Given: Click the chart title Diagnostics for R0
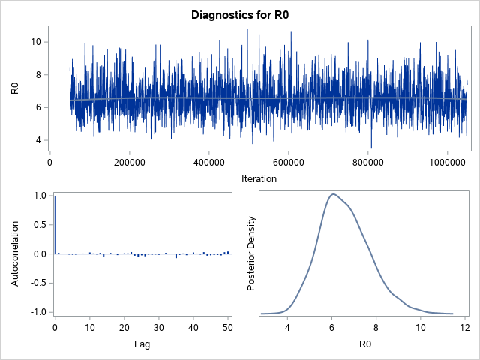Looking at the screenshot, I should [x=240, y=14].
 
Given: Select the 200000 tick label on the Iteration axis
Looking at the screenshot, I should [x=129, y=160].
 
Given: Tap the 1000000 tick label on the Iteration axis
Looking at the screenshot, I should [x=447, y=160].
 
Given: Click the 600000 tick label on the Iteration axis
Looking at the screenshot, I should [x=288, y=160].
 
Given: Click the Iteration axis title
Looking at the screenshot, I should [x=259, y=178].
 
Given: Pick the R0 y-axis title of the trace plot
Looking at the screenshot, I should [x=14, y=88].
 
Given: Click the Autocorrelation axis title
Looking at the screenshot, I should [x=14, y=253].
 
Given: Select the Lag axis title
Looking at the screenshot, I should [x=141, y=344].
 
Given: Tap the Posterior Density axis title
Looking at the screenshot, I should [x=252, y=253].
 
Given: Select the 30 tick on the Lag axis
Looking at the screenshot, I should [x=158, y=328].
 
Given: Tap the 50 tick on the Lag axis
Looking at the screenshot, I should [x=227, y=328].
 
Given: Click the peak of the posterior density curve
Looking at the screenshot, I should [x=333, y=194].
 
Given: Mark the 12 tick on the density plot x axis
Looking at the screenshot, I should [x=465, y=328].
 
